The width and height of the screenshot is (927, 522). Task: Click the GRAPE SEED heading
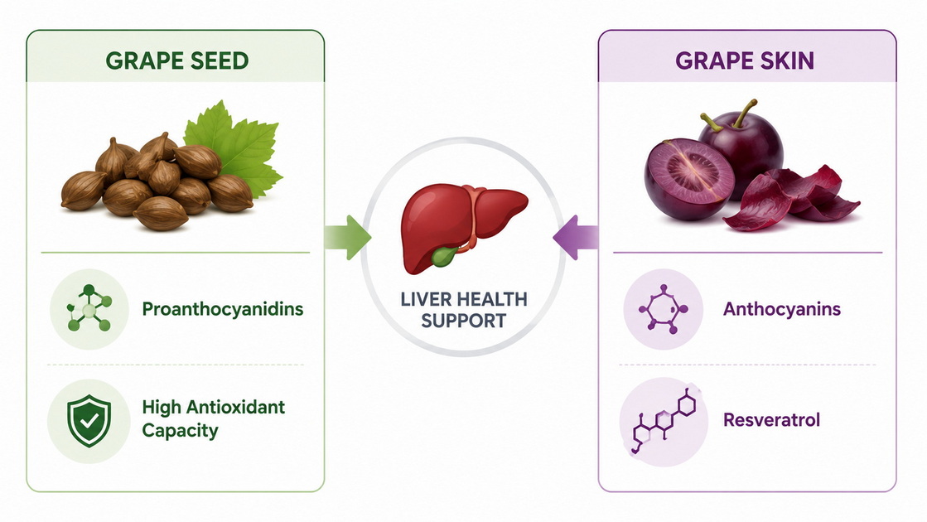point(176,60)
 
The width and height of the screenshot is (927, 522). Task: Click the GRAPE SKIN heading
point(744,60)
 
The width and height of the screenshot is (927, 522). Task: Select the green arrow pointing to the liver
point(348,238)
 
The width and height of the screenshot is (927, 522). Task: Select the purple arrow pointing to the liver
point(575,238)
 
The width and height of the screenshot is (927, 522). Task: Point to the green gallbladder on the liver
point(444,256)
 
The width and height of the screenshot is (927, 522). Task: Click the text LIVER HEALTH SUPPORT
point(464,310)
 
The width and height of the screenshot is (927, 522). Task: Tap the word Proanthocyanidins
point(223,308)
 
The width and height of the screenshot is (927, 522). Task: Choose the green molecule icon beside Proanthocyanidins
point(89,308)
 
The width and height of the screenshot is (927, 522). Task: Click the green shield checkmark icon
point(89,421)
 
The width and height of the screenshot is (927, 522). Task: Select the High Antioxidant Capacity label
point(214,418)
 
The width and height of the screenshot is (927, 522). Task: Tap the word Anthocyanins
point(781,308)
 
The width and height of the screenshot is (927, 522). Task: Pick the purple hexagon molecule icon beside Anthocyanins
point(664,308)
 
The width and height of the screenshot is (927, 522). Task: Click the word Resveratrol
point(771,420)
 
